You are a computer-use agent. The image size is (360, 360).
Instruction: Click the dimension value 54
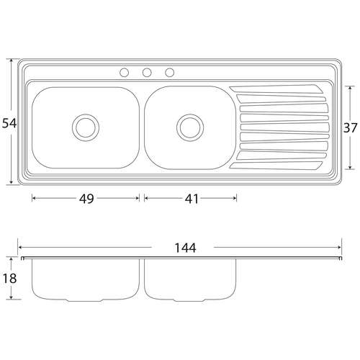point(9,123)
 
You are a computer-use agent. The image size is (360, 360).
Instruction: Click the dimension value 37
point(351,127)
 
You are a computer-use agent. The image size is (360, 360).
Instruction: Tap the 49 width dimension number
point(86,199)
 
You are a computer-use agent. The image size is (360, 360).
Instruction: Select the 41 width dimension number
point(192,199)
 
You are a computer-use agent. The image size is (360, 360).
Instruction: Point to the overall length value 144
point(185,248)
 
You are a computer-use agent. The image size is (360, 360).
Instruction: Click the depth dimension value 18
point(9,279)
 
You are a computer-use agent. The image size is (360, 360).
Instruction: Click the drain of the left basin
point(86,127)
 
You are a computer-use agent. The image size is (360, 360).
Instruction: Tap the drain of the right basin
point(190,127)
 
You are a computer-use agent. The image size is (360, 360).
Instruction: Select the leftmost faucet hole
point(124,73)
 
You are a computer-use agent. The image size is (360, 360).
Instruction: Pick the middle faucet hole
point(147,73)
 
